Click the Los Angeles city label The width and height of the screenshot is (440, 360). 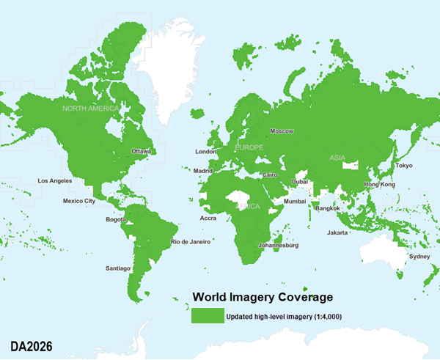[55, 180]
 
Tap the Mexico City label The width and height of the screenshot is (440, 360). [78, 201]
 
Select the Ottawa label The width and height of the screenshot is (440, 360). [141, 152]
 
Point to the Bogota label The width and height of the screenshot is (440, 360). [117, 219]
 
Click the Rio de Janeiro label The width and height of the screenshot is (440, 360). [191, 241]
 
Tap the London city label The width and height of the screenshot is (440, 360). [205, 152]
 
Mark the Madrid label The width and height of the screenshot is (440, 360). [202, 171]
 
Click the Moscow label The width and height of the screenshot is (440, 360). [282, 131]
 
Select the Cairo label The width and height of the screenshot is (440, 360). [269, 175]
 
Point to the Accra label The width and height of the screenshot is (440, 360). [209, 218]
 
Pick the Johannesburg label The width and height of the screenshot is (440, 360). [278, 246]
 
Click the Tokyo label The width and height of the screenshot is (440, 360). [404, 166]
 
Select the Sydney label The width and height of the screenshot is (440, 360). [419, 257]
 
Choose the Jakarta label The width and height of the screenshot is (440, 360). [337, 232]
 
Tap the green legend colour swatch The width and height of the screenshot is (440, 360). [208, 316]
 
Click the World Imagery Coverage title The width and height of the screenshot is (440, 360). [263, 297]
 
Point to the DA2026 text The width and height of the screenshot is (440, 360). [32, 344]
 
